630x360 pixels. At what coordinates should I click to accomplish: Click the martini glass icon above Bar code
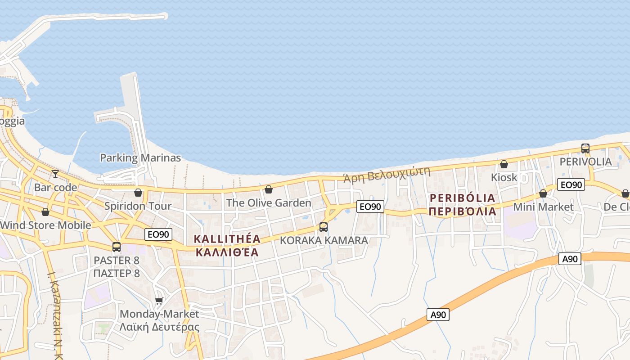click(55, 174)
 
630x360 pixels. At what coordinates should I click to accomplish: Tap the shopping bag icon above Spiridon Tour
click(138, 193)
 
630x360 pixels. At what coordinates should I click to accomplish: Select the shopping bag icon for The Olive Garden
click(269, 189)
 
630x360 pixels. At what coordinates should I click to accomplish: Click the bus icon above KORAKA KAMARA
click(324, 227)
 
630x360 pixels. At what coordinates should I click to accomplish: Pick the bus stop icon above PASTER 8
click(117, 247)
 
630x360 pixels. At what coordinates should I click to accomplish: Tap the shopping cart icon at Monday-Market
click(159, 301)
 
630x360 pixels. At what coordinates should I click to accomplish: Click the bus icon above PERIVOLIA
click(585, 148)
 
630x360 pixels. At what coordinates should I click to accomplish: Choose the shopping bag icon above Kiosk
click(504, 164)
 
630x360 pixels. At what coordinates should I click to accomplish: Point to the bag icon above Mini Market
click(543, 193)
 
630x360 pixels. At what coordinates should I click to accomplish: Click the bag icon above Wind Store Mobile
click(45, 212)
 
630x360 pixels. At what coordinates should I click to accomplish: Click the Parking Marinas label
click(140, 158)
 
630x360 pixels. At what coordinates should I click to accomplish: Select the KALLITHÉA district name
click(227, 239)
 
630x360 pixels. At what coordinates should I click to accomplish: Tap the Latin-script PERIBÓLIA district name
click(463, 198)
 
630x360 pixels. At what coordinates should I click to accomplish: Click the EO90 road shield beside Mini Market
click(571, 184)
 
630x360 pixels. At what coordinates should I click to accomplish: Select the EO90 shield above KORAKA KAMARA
click(370, 207)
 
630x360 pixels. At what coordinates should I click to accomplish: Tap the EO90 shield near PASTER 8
click(158, 234)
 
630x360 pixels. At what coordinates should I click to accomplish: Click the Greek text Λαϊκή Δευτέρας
click(159, 327)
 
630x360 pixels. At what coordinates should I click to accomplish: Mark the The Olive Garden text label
click(269, 203)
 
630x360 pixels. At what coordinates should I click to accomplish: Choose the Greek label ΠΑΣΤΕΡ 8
click(117, 273)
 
